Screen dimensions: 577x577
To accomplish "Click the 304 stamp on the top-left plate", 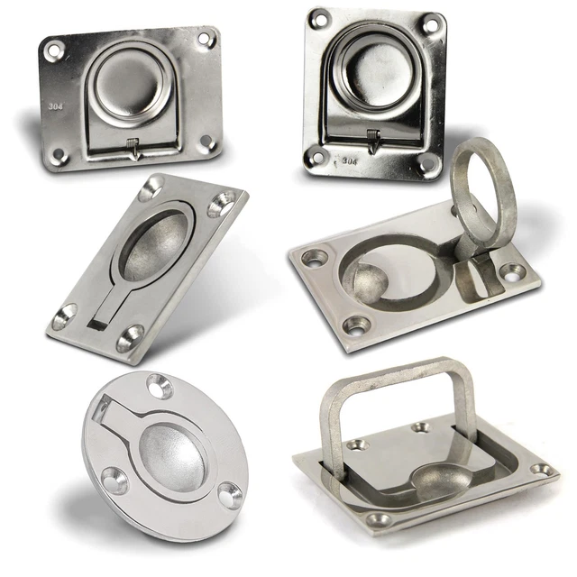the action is pos(56,106).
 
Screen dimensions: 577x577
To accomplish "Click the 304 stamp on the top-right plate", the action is pos(349,160).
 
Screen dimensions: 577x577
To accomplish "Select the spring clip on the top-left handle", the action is pos(133,148).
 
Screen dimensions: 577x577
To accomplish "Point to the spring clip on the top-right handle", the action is pos(373,141).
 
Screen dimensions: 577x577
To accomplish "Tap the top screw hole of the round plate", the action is pos(160,386).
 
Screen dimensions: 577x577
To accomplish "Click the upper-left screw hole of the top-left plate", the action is pos(54,51).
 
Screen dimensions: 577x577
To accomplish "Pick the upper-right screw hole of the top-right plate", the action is pos(430,25).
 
